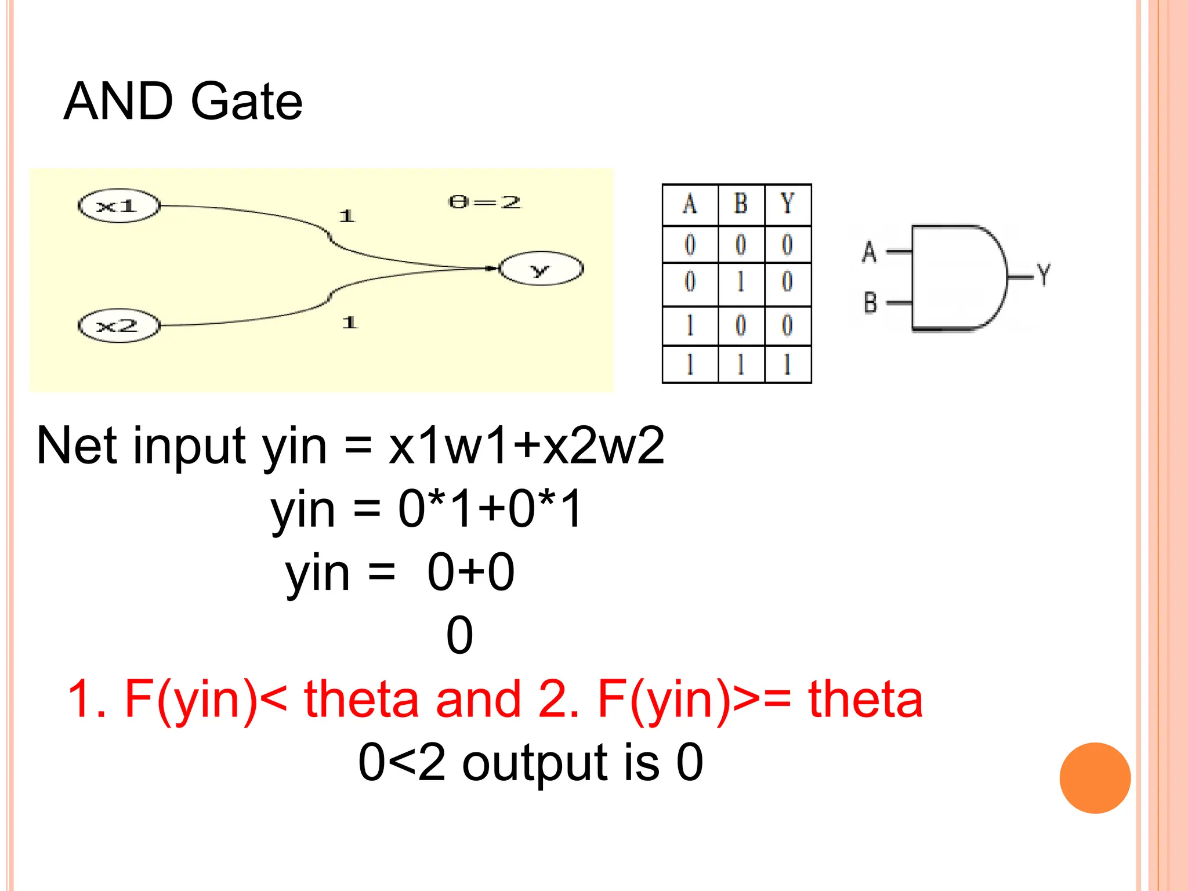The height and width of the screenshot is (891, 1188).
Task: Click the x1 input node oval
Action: click(118, 206)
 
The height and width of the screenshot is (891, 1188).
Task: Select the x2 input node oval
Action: click(118, 325)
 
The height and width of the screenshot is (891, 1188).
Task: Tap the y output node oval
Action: click(541, 269)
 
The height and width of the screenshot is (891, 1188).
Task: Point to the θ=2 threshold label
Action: click(485, 202)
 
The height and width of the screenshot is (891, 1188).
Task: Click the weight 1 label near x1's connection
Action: click(346, 216)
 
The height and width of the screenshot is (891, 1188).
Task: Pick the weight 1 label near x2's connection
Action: click(349, 323)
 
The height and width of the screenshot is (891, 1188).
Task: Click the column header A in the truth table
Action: click(690, 204)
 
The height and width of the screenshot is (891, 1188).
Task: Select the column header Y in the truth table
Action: click(787, 204)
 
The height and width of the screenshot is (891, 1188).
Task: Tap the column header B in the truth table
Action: click(741, 204)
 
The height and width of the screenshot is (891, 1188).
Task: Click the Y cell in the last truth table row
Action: click(787, 365)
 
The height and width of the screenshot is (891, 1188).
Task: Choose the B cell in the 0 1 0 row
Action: click(741, 282)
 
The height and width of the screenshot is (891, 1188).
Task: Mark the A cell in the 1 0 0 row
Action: click(690, 325)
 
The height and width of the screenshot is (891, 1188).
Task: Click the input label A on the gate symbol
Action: click(869, 252)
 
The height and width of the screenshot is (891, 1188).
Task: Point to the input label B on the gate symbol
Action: click(870, 303)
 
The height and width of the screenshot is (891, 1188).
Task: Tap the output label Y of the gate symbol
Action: click(1044, 274)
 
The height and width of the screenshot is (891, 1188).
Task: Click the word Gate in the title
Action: click(247, 102)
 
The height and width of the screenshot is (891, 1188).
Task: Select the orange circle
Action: click(1095, 778)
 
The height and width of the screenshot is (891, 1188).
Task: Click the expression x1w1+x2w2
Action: click(526, 445)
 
